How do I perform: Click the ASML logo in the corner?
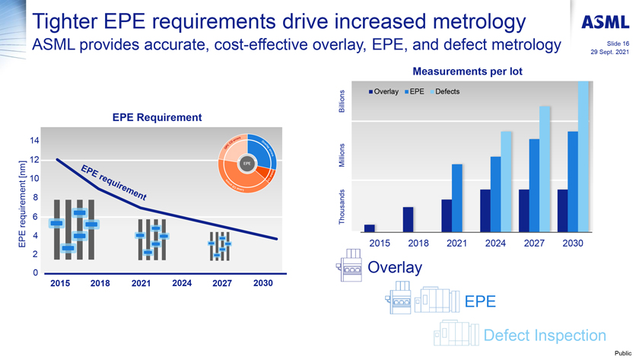pos(608,23)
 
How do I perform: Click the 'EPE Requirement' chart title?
pos(157,117)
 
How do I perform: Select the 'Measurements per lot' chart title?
pos(467,72)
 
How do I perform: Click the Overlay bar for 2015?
pos(370,228)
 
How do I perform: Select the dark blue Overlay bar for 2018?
pos(408,218)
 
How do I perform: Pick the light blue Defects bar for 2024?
pos(507,181)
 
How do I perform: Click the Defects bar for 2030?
pos(583,156)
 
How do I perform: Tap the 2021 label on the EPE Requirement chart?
pos(141,283)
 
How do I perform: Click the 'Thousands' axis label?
pos(342,206)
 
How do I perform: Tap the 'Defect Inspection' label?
pos(545,335)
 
